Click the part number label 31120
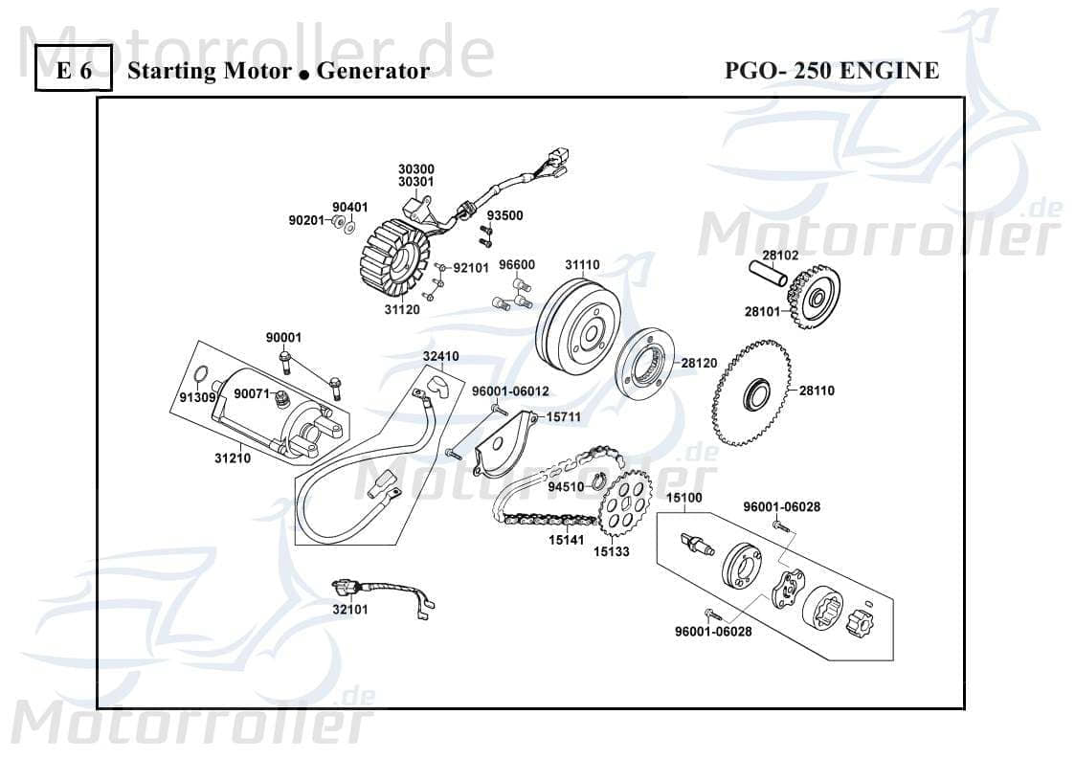402,310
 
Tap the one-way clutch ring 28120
646,365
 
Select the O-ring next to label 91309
198,375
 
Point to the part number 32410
440,356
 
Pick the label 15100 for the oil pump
684,498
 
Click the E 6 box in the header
74,70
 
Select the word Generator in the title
372,70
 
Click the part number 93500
504,216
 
